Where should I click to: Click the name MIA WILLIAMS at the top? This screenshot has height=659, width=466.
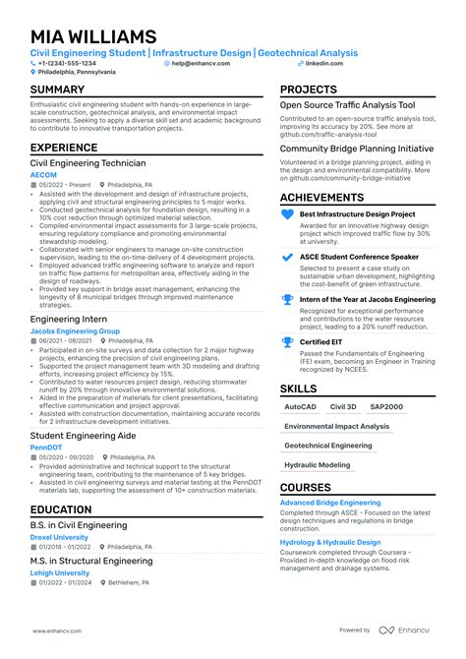93,36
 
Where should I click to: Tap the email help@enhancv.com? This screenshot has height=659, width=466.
201,62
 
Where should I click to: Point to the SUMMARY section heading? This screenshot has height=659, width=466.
57,90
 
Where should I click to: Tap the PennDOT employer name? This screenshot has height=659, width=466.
46,448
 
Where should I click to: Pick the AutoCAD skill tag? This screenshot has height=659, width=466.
300,406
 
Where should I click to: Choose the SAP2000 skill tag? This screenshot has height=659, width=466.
387,406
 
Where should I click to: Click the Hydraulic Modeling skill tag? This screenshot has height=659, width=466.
317,464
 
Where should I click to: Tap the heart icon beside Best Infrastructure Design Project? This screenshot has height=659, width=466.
287,213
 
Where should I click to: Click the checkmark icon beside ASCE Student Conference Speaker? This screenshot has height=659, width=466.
287,257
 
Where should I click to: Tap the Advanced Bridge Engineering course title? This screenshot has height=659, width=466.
330,503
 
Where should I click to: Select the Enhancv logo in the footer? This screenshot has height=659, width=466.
405,629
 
